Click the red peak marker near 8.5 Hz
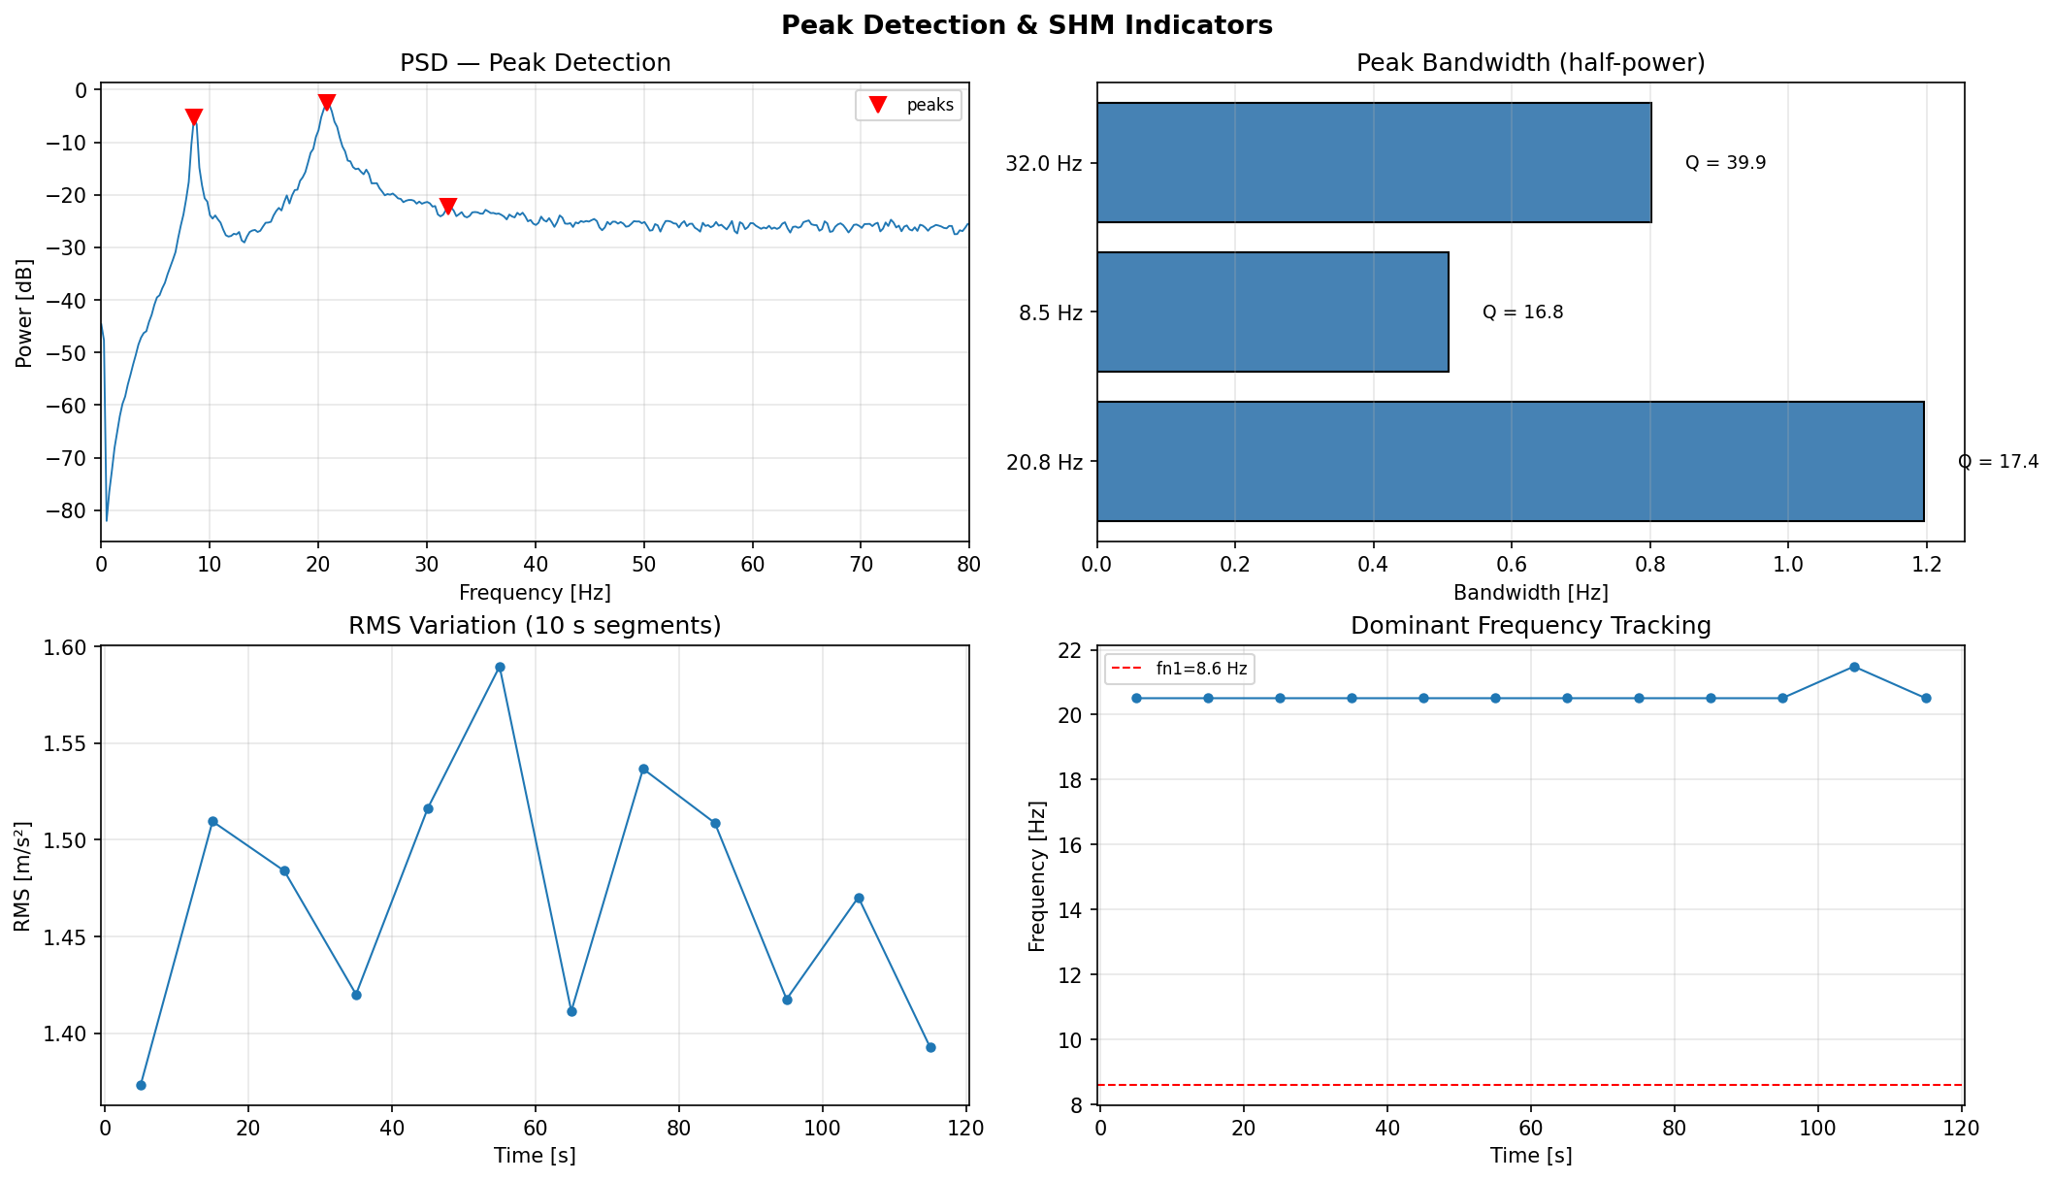pos(193,116)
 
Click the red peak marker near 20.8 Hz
pos(327,102)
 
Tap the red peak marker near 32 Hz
pos(447,205)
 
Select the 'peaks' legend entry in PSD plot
pos(908,105)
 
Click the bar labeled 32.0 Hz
pos(1373,163)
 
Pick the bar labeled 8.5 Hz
pos(1272,312)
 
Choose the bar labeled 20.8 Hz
pos(1510,462)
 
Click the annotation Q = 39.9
pos(1725,163)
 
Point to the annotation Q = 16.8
pos(1522,312)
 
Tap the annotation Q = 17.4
pos(1998,462)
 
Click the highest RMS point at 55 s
pos(500,667)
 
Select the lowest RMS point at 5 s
pos(141,1085)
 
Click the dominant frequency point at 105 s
pos(1854,667)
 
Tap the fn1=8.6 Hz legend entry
pos(1179,669)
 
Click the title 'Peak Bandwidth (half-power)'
pos(1530,63)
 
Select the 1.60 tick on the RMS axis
pos(67,646)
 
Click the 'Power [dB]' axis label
pos(24,312)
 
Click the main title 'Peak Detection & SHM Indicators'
pos(1027,25)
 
